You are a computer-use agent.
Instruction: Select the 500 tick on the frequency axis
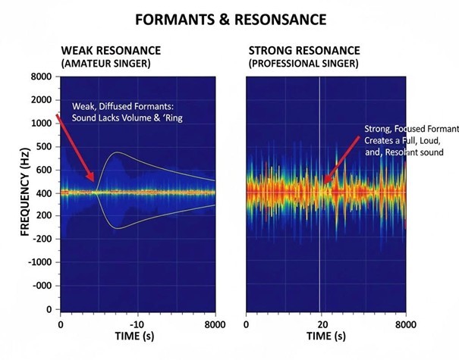(x=43, y=147)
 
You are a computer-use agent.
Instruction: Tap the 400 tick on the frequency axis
(x=43, y=193)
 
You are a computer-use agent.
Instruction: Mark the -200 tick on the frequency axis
(x=42, y=240)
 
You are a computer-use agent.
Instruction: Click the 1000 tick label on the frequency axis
(x=40, y=124)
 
